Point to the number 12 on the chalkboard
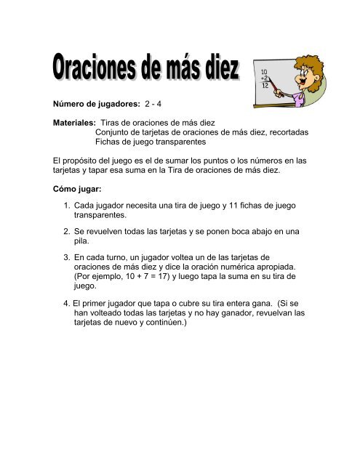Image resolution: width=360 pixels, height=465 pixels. coord(265,86)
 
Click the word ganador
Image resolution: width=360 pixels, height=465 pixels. coord(229,315)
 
